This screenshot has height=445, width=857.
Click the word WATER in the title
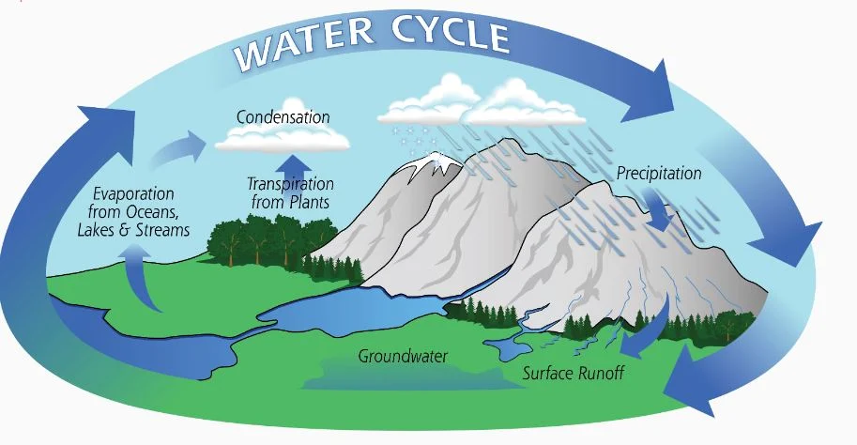point(304,45)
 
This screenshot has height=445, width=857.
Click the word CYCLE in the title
point(451,33)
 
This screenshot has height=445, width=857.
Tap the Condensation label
point(283,117)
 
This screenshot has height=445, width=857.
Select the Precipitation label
point(659,174)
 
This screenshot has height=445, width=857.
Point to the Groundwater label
point(403,357)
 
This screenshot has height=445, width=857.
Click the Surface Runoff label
point(574,374)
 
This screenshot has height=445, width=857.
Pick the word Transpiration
point(290,184)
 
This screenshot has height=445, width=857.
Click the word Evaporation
point(133,194)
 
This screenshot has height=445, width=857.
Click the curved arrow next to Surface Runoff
point(650,328)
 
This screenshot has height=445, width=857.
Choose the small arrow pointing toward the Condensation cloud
point(178,147)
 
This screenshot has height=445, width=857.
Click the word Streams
point(163,230)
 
